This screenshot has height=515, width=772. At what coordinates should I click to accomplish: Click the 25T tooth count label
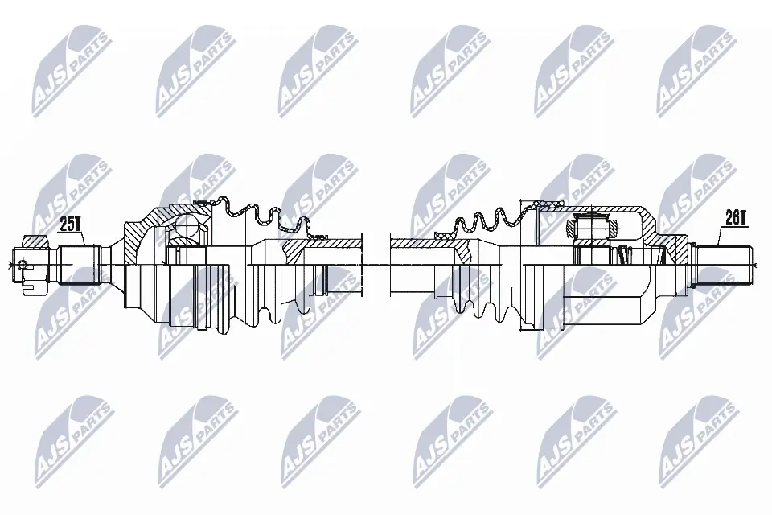(70, 225)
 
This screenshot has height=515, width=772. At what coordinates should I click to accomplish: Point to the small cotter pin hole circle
(23, 265)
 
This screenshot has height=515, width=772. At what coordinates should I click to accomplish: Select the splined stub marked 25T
(80, 265)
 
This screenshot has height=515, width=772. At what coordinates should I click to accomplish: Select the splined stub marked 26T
(724, 266)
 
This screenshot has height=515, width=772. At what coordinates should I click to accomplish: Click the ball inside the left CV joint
(187, 225)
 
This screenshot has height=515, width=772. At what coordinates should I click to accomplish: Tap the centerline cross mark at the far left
(10, 265)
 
